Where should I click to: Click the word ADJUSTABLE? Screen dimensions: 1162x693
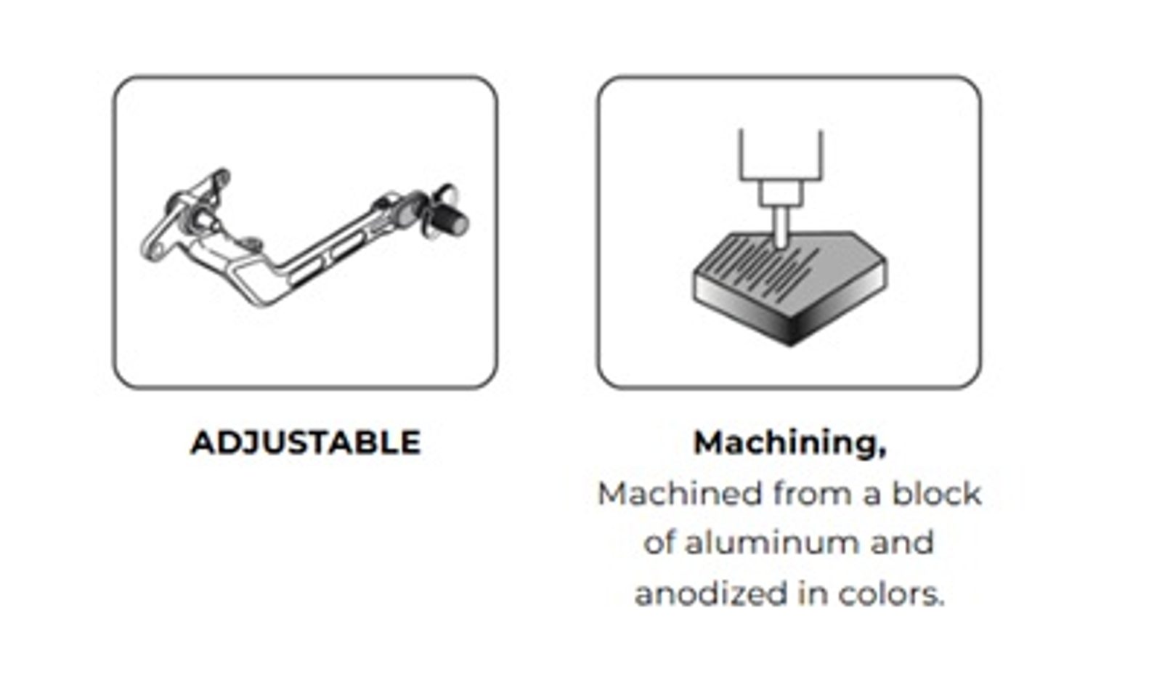pyautogui.click(x=306, y=443)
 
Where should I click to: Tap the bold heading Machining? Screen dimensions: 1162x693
pyautogui.click(x=789, y=444)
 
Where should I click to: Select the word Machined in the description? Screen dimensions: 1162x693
pyautogui.click(x=680, y=493)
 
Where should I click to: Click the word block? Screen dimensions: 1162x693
pyautogui.click(x=936, y=493)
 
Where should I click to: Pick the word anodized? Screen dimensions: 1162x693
pyautogui.click(x=711, y=593)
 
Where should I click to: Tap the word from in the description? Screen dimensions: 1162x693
pyautogui.click(x=813, y=493)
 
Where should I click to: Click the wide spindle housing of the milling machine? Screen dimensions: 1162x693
pyautogui.click(x=781, y=155)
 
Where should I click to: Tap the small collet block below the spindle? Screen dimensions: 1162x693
pyautogui.click(x=781, y=193)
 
